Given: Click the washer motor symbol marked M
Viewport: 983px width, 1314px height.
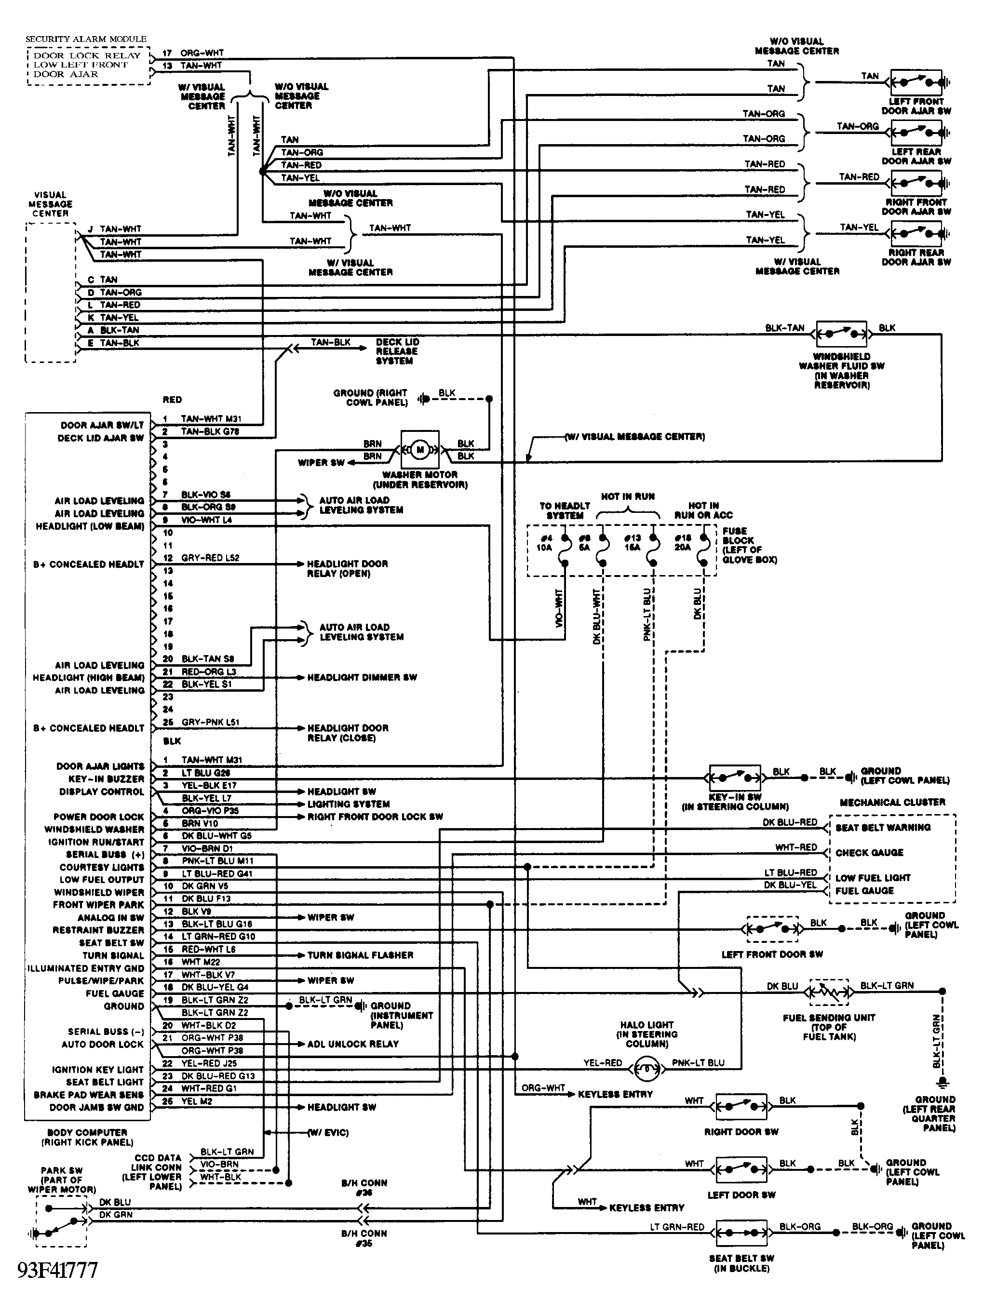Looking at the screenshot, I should pos(419,449).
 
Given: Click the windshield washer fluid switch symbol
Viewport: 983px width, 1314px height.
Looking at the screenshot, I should pos(841,335).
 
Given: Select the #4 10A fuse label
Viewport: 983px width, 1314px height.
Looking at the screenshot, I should pos(545,542).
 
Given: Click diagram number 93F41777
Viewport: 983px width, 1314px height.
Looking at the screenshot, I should pos(58,1270).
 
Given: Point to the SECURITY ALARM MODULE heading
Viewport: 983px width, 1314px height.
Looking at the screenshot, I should pos(85,39).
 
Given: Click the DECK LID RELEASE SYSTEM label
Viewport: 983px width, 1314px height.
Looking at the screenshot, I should pos(396,351).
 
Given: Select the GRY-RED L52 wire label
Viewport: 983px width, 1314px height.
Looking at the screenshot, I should pos(210,558).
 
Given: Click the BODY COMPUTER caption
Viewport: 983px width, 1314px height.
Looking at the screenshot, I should pos(87,1137).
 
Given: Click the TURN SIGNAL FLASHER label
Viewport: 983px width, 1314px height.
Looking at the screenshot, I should pos(360,955).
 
